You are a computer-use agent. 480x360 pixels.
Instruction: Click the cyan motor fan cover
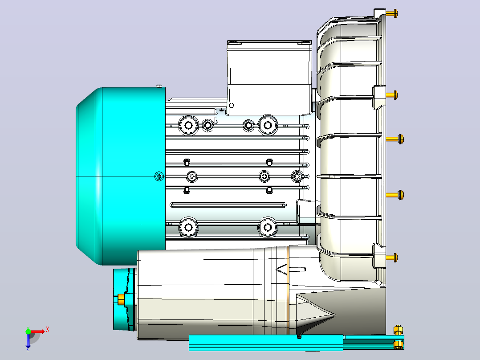click(121, 176)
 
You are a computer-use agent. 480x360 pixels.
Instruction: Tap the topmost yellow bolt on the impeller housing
click(391, 13)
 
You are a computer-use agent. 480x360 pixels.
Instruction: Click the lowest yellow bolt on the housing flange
click(391, 258)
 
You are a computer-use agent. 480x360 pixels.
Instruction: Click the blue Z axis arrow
click(28, 340)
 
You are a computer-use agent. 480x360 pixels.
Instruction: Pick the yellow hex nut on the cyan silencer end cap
click(121, 299)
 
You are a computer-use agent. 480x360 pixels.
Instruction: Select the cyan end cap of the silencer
click(124, 299)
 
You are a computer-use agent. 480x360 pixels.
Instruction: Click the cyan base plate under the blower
click(297, 342)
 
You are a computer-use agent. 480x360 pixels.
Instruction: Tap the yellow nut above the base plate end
click(398, 330)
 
